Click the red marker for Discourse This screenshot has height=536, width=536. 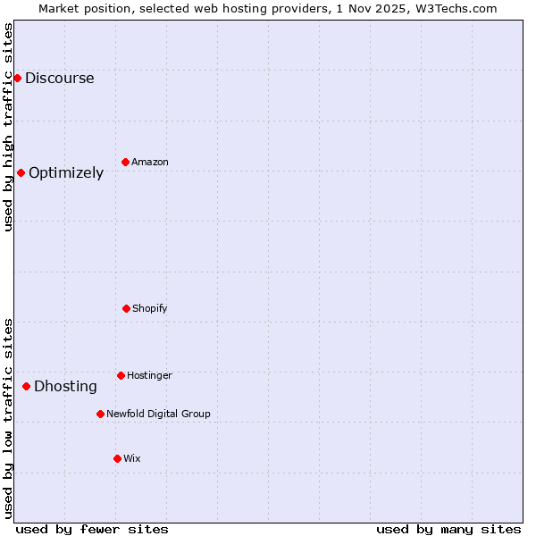pyautogui.click(x=17, y=78)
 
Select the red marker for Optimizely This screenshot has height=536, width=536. pyautogui.click(x=21, y=172)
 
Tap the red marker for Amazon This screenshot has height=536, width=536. pyautogui.click(x=125, y=162)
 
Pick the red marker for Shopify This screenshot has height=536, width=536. pyautogui.click(x=126, y=308)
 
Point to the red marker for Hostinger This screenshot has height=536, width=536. pyautogui.click(x=121, y=375)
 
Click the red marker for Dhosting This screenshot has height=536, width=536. pyautogui.click(x=26, y=386)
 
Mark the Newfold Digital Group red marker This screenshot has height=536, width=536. pyautogui.click(x=100, y=414)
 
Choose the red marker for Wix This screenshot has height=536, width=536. pyautogui.click(x=117, y=458)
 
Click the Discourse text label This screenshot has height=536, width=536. pyautogui.click(x=59, y=78)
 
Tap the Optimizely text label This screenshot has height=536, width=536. pyautogui.click(x=66, y=172)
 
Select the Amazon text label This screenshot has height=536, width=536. pyautogui.click(x=150, y=162)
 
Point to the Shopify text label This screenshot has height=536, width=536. pyautogui.click(x=150, y=308)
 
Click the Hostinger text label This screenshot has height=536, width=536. pyautogui.click(x=149, y=375)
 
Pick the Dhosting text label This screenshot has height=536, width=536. pyautogui.click(x=65, y=386)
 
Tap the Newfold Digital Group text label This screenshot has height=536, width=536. pyautogui.click(x=158, y=414)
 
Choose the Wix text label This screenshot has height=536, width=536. pyautogui.click(x=132, y=458)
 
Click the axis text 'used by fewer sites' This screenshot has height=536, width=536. pyautogui.click(x=92, y=529)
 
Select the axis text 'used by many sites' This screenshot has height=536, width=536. pyautogui.click(x=448, y=529)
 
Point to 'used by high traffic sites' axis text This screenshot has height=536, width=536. pyautogui.click(x=8, y=127)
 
